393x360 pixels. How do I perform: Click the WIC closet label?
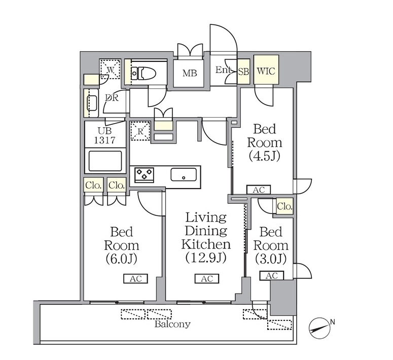click(x=266, y=71)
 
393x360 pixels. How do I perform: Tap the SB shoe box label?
click(x=243, y=71)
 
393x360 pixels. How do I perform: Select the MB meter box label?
click(x=190, y=73)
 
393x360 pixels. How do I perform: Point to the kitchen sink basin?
click(x=184, y=174)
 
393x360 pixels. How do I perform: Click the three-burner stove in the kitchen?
click(x=144, y=174)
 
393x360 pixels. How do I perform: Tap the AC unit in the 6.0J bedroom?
click(x=135, y=278)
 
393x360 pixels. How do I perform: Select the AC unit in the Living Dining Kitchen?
click(x=207, y=278)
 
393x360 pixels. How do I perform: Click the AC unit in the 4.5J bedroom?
click(x=259, y=190)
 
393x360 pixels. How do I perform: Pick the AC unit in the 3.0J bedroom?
click(x=272, y=275)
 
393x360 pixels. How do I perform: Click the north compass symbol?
click(x=319, y=328)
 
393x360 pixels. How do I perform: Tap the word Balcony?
click(x=172, y=325)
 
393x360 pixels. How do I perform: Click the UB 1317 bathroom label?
click(x=105, y=135)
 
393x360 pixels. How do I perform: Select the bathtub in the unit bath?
click(x=105, y=161)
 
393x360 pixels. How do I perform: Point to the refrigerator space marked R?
click(x=140, y=131)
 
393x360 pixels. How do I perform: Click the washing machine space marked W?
click(x=110, y=69)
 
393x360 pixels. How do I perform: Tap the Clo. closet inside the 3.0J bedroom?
click(x=284, y=207)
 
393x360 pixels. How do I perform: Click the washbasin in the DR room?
click(x=92, y=103)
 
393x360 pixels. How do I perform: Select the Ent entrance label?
click(x=223, y=70)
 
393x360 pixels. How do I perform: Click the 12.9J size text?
click(x=206, y=257)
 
